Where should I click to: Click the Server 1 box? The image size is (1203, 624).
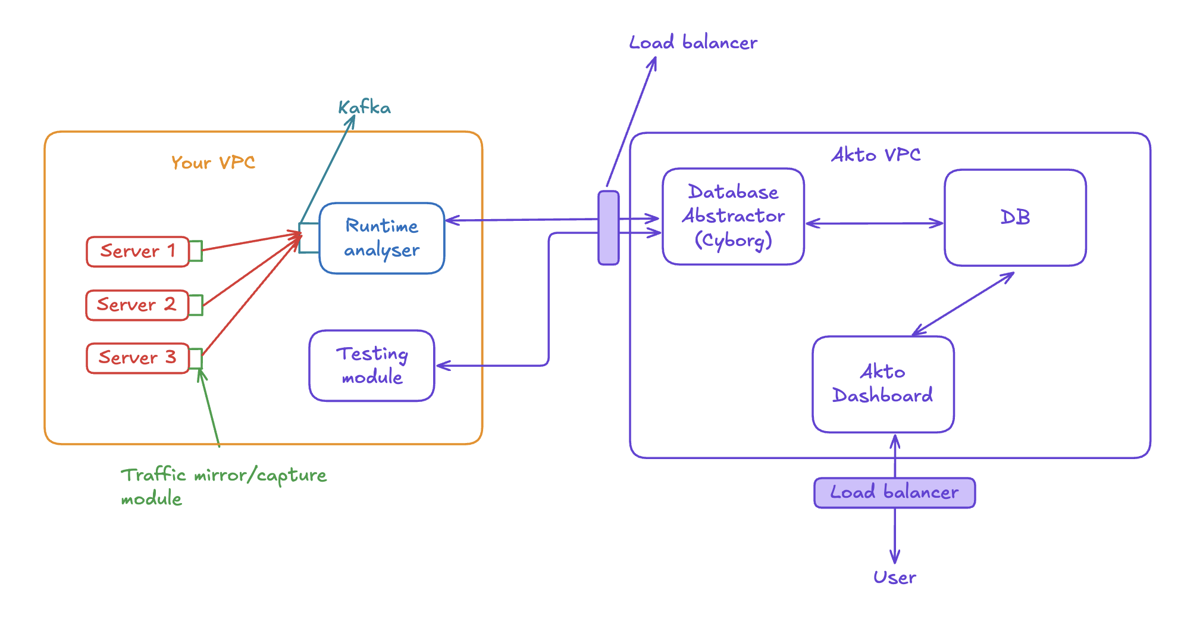[137, 251]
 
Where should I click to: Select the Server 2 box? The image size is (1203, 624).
[137, 305]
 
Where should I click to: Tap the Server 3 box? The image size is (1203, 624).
[137, 358]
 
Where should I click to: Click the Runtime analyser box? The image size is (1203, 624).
[382, 238]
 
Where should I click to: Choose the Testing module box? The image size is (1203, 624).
[372, 366]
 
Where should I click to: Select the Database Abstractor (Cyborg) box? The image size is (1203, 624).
[733, 216]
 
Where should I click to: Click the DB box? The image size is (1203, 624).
[1015, 217]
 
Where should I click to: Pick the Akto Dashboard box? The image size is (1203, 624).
[883, 384]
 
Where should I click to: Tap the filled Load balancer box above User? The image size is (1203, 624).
[894, 492]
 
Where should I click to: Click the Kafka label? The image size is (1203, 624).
[364, 108]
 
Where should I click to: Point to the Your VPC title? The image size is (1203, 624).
[213, 163]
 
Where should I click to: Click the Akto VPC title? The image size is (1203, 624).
[876, 155]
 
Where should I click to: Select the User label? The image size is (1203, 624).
[894, 577]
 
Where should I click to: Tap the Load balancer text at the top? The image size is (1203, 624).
[693, 43]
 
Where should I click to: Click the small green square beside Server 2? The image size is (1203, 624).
[196, 305]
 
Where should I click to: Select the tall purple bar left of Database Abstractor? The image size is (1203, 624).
[608, 227]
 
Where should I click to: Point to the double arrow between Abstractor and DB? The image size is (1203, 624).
[874, 223]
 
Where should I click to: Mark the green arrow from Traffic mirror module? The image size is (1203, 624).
[211, 408]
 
